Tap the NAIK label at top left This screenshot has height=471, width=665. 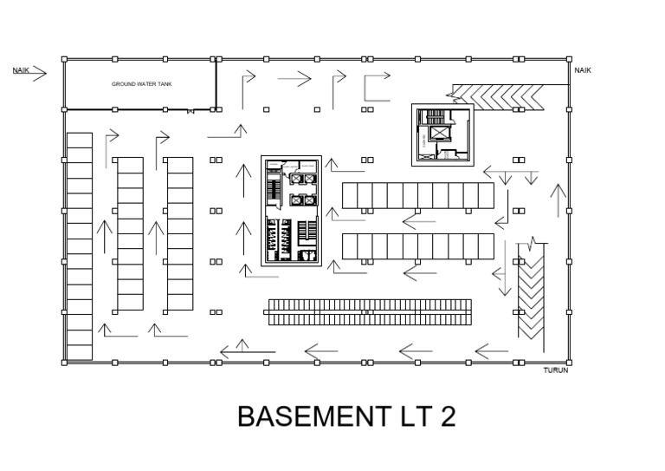pyautogui.click(x=21, y=69)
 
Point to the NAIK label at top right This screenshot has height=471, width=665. pyautogui.click(x=583, y=70)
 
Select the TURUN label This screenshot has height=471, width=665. pyautogui.click(x=554, y=370)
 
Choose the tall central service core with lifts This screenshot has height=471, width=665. pyautogui.click(x=292, y=211)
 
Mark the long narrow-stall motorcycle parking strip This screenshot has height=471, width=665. pyautogui.click(x=370, y=312)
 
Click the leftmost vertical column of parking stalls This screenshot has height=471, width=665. pyautogui.click(x=80, y=245)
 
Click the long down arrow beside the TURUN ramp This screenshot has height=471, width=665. pyautogui.click(x=500, y=269)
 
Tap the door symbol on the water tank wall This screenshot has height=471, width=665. pyautogui.click(x=190, y=111)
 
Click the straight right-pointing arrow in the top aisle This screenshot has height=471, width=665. pyautogui.click(x=294, y=80)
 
